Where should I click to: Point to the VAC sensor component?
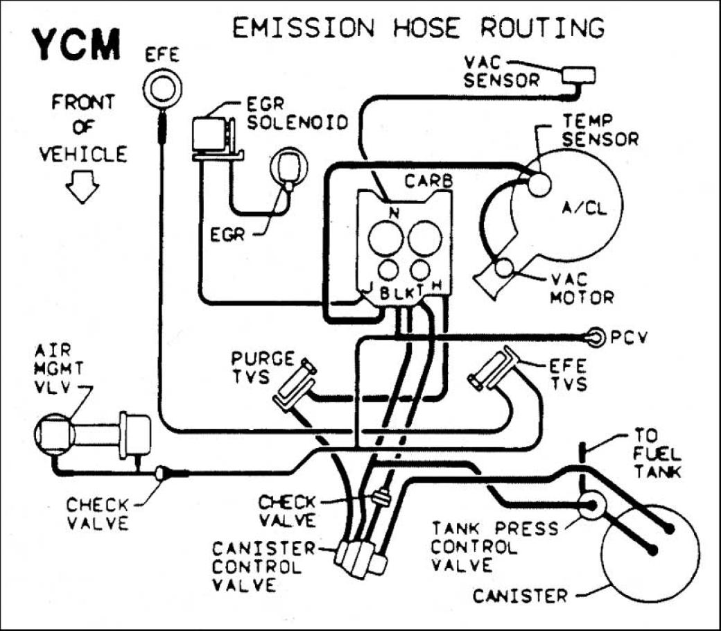point(579,74)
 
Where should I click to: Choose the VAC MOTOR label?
point(581,288)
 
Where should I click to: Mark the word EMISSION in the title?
point(304,28)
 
